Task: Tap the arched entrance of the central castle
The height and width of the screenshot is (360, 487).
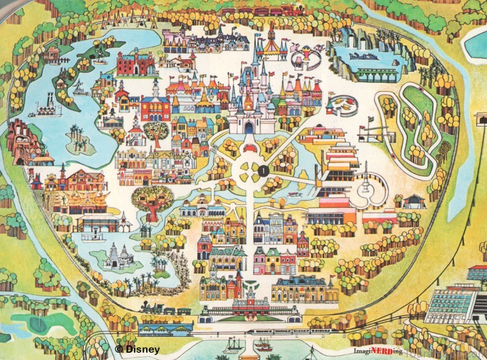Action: click(249, 127)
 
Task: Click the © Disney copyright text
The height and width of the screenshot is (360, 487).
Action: click(138, 350)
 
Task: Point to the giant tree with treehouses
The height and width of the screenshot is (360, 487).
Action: click(153, 201)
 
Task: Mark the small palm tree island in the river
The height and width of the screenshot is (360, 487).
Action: click(79, 141)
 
